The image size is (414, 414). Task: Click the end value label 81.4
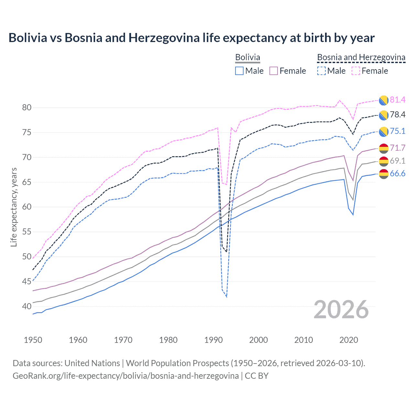[x=398, y=100]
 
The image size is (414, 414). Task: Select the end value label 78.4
[x=398, y=115]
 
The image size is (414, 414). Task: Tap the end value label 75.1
[x=398, y=131]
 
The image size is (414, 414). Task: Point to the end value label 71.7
[x=398, y=148]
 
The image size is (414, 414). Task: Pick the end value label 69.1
[x=398, y=161]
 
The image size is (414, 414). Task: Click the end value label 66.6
[x=398, y=174]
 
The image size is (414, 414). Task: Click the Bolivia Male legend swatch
[x=239, y=71]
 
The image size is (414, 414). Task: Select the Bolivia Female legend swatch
[x=274, y=71]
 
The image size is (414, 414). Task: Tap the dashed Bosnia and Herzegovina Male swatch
[x=321, y=71]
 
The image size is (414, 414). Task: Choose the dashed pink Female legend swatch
[x=356, y=71]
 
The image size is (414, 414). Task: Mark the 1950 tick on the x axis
[x=33, y=340]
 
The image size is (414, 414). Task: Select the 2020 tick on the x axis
[x=349, y=340]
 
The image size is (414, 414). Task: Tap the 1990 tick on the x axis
[x=213, y=340]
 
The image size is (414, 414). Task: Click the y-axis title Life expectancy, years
[x=14, y=207]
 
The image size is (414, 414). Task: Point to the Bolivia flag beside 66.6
[x=384, y=174]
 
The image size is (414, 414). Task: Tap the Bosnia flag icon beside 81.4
[x=384, y=100]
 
